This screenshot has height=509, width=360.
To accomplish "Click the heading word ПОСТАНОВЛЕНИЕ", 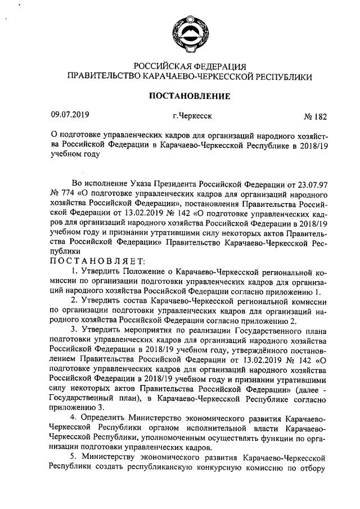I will click(189, 96).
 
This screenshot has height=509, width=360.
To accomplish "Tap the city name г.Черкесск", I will click(192, 116).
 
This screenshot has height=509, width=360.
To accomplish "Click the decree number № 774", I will click(62, 193).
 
